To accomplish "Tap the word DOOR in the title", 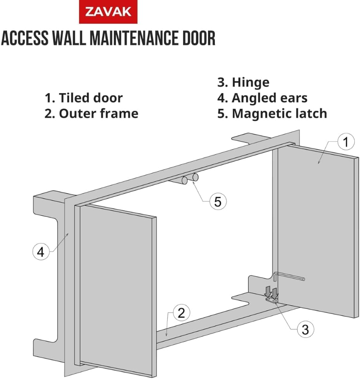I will pos(197,39).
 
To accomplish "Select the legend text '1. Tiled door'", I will pos(83,98).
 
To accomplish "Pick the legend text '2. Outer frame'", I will pos(91,114).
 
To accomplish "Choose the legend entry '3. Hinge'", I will pos(243,82).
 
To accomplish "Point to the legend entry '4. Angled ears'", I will pos(262,98).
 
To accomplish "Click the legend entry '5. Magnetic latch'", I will pos(272,114).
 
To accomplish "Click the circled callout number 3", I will pos(305,329).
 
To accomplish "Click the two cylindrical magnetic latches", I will pos(190,179).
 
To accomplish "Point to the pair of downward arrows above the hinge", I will pos(271,291).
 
